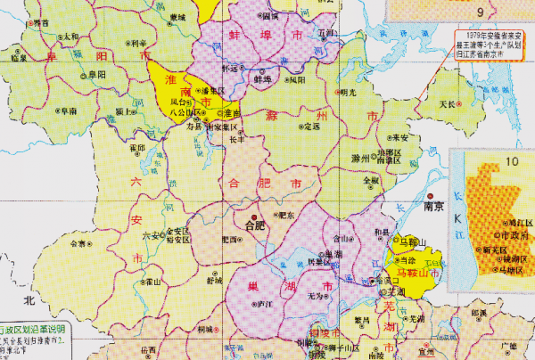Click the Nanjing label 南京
point(434,203)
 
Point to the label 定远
point(311,127)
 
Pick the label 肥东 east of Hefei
point(286,215)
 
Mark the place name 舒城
point(214,280)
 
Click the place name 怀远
point(230,68)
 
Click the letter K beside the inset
point(462,217)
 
